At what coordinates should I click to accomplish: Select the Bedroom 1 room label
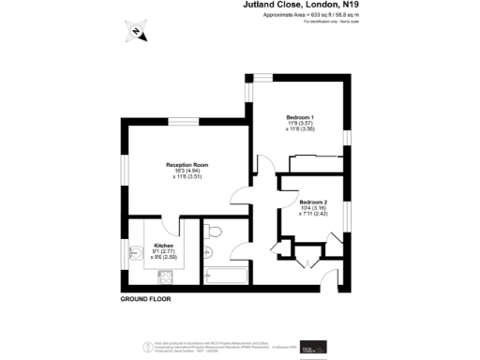point(300,117)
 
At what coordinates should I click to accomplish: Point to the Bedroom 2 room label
point(313,202)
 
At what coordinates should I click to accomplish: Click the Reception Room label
point(187,165)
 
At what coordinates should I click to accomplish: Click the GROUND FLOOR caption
point(149,300)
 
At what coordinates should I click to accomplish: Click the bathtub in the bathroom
point(225,277)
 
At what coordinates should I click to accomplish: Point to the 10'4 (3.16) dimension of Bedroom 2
point(312,208)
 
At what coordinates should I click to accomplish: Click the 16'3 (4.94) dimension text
point(187,171)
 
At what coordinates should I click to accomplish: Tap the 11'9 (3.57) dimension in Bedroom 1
point(300,124)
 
